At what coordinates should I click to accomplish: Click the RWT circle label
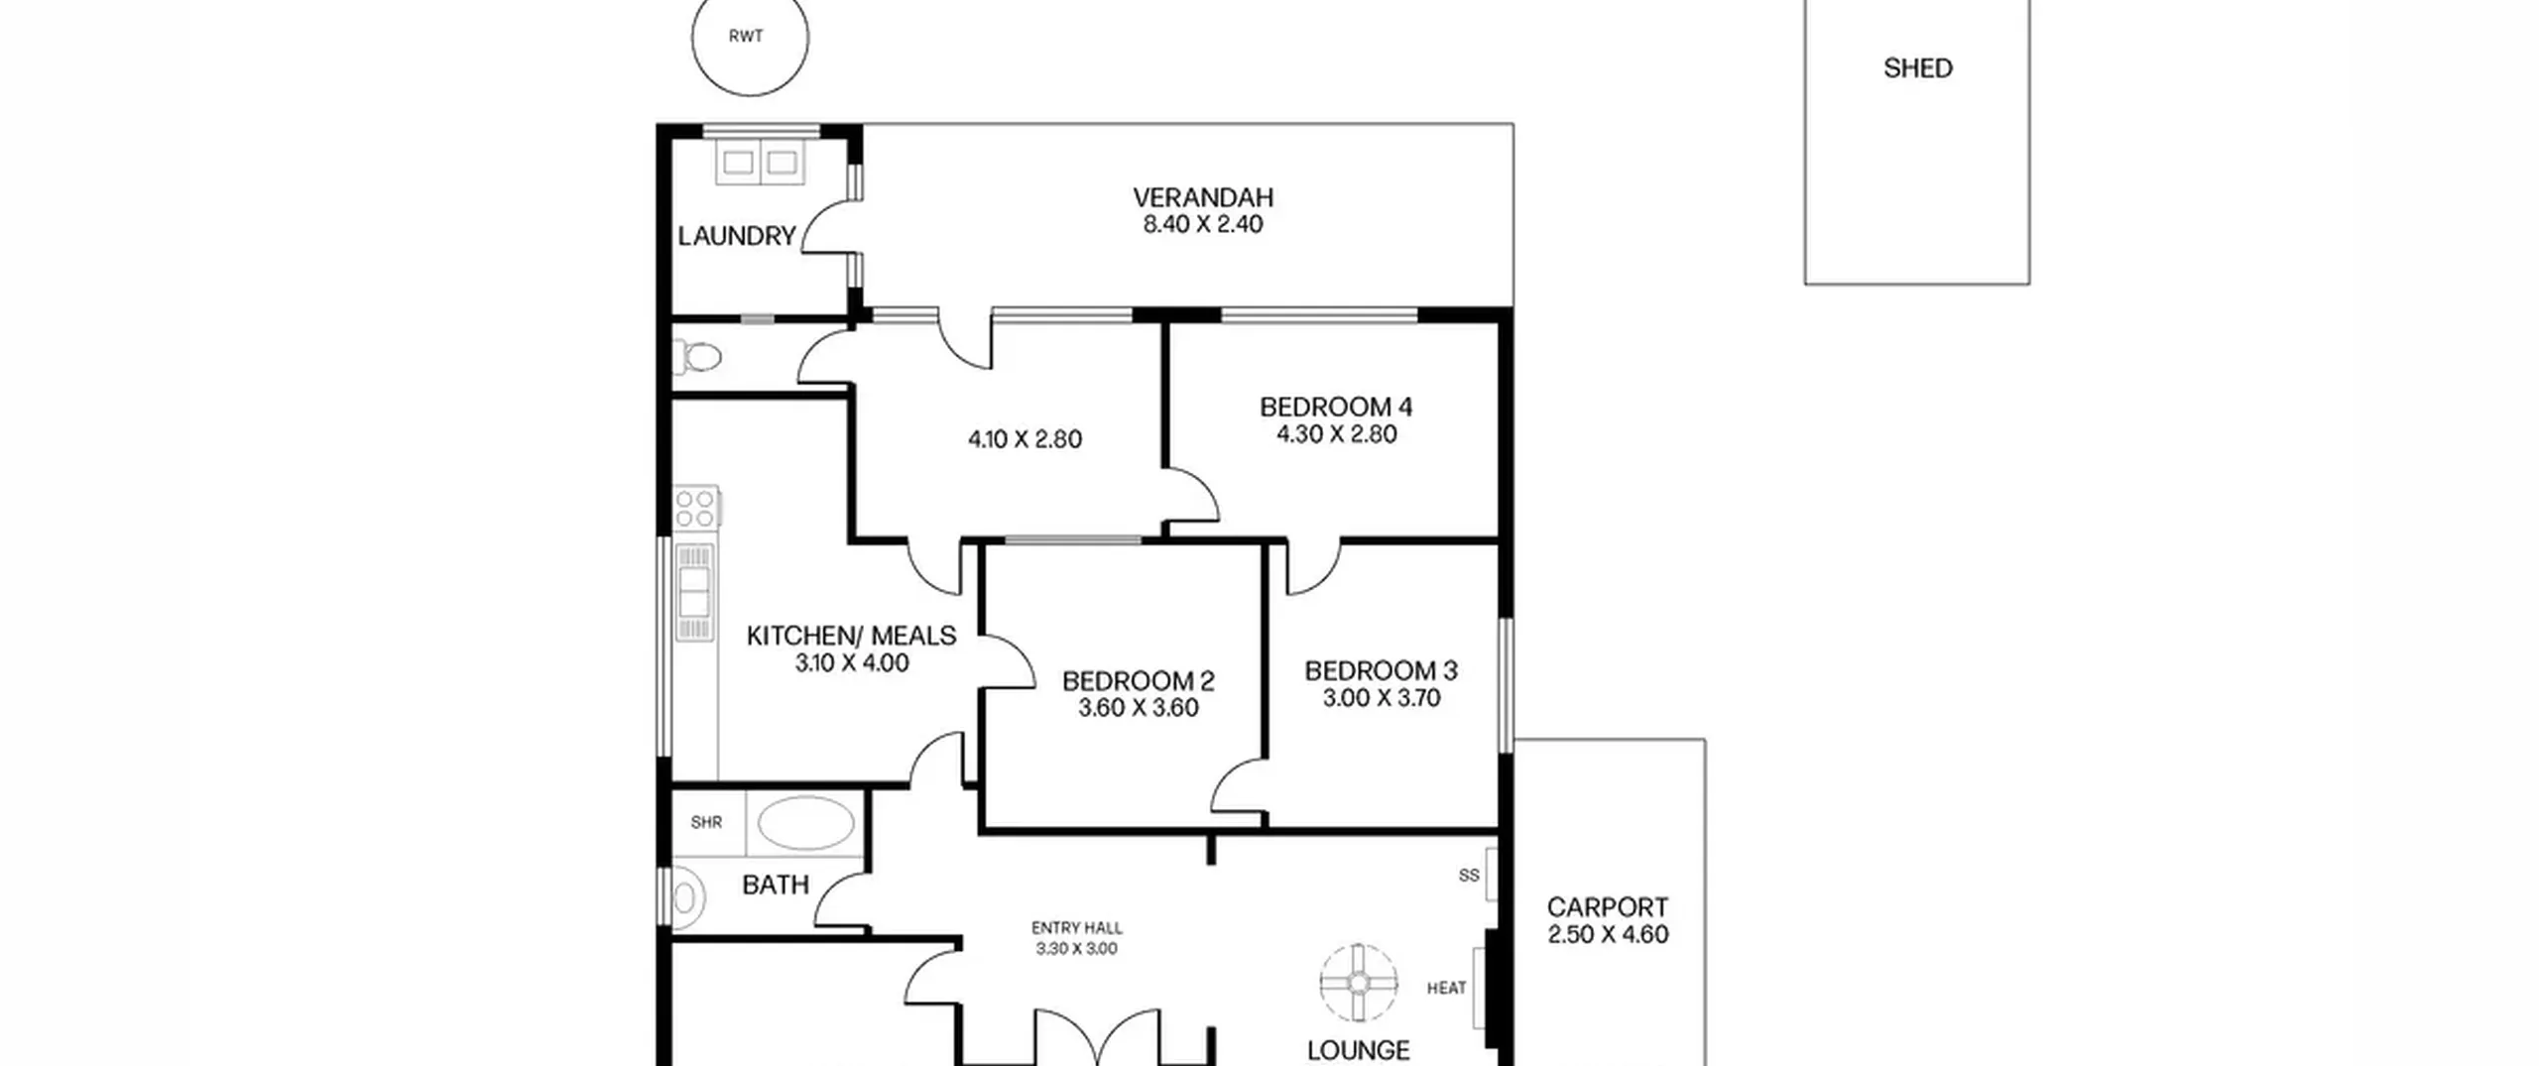pos(746,37)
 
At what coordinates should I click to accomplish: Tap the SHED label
pos(1918,68)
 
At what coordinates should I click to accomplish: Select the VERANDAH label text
pos(1203,197)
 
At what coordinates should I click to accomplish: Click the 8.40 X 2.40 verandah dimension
pos(1203,224)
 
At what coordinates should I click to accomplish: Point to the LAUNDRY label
pos(737,236)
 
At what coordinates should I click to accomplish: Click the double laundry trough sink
pos(761,162)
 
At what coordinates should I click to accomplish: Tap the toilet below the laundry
pos(697,356)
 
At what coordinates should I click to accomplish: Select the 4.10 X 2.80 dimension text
pos(1025,439)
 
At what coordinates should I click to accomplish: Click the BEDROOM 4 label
pos(1336,407)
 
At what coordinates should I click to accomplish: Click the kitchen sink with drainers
pos(694,592)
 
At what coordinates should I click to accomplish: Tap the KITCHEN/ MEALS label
pos(851,636)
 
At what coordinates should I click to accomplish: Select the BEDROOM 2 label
pos(1138,681)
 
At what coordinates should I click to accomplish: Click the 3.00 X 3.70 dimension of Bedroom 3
pos(1382,698)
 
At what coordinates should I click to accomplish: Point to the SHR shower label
pos(706,822)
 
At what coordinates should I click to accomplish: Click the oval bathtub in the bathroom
pos(806,823)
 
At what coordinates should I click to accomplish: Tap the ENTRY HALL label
pos(1077,928)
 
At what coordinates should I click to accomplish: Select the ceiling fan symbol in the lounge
pos(1359,984)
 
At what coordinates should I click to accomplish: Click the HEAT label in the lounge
pos(1446,988)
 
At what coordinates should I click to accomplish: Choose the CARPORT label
pos(1608,907)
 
